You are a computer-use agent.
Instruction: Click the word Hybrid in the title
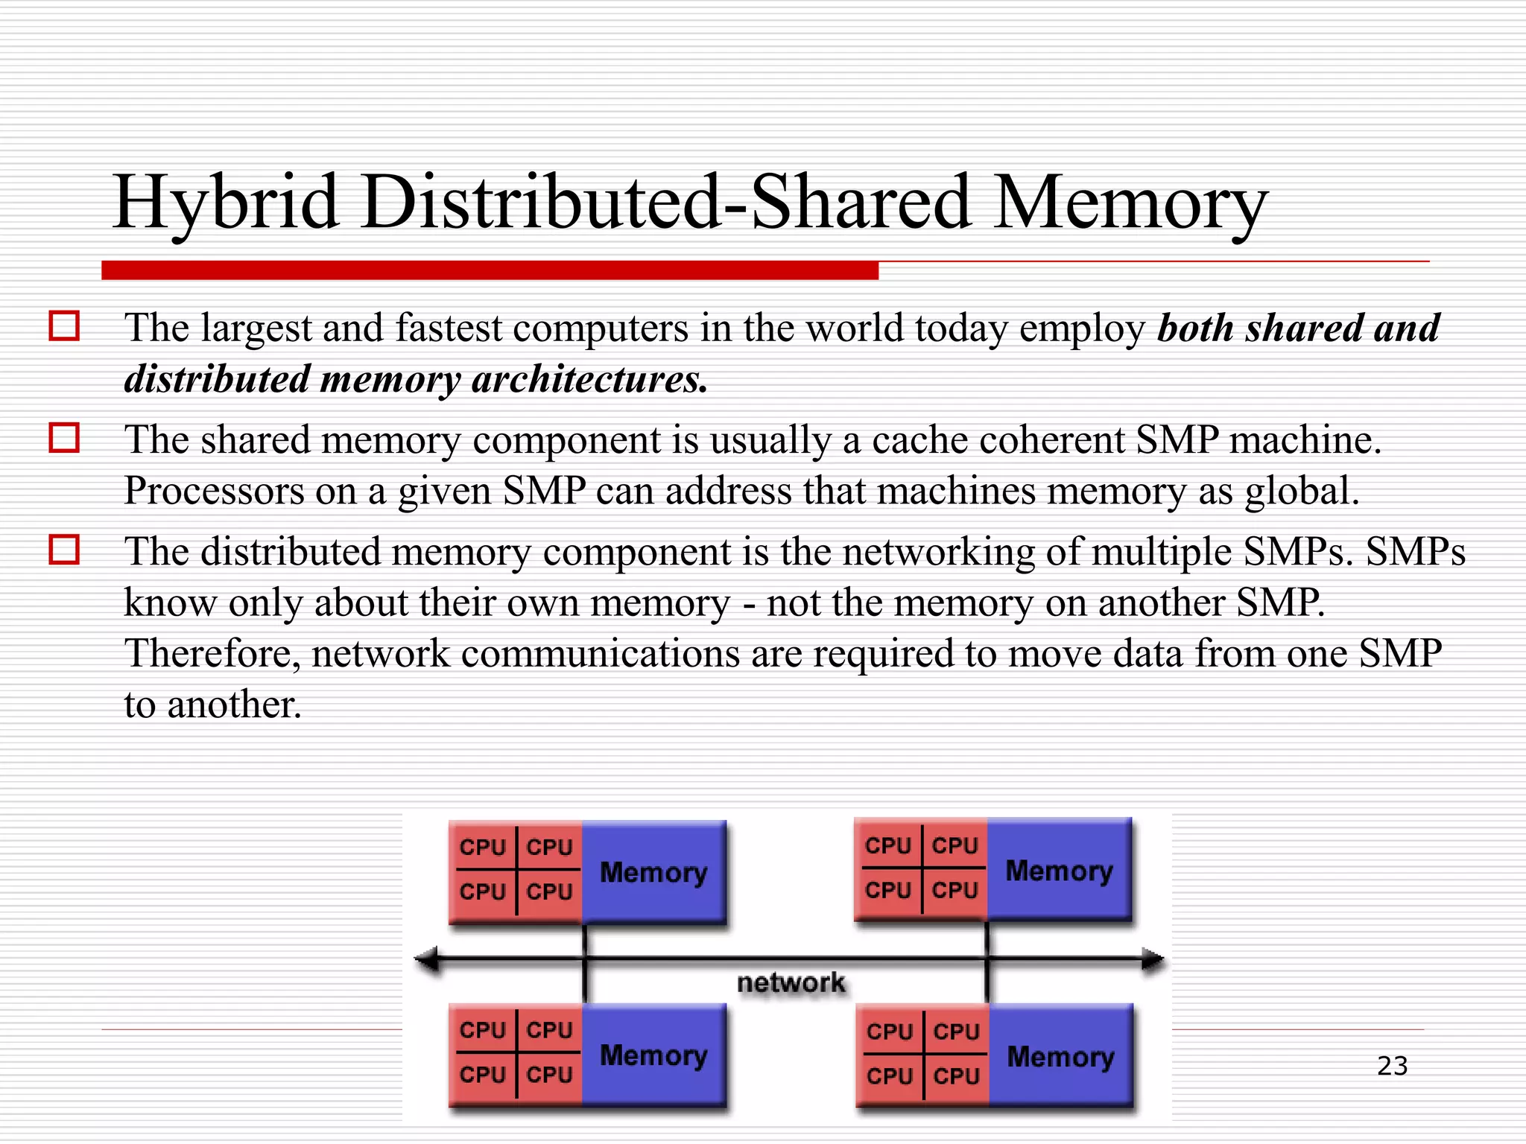tap(226, 203)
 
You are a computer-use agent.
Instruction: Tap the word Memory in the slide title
tap(1130, 203)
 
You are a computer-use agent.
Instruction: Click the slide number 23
tap(1392, 1066)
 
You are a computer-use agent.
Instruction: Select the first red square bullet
tap(64, 326)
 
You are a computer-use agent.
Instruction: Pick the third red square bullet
tap(64, 550)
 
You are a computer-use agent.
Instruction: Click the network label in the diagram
tap(791, 982)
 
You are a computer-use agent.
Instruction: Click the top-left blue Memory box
tap(653, 872)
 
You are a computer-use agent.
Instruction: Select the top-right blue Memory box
tap(1059, 870)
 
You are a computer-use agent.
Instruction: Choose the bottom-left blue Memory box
tap(653, 1055)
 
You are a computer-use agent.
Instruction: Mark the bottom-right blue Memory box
tap(1060, 1056)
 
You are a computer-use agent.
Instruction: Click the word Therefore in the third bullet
tap(212, 653)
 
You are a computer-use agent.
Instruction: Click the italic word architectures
tap(589, 379)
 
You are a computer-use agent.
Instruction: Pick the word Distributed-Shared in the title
tap(666, 203)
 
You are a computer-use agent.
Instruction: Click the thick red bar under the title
tap(490, 270)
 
